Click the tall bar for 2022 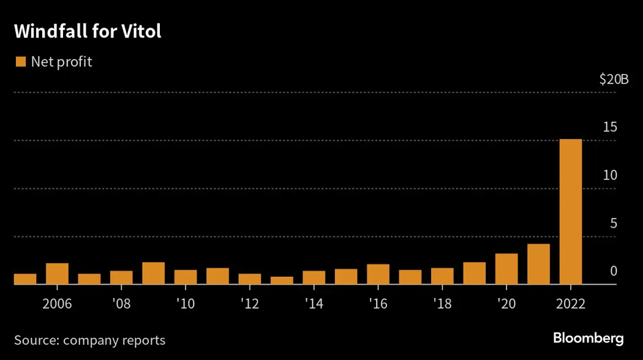pyautogui.click(x=571, y=211)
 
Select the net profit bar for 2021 pyautogui.click(x=538, y=264)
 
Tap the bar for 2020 pyautogui.click(x=506, y=269)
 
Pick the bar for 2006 pyautogui.click(x=57, y=274)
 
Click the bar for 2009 pyautogui.click(x=153, y=273)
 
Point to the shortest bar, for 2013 pyautogui.click(x=282, y=280)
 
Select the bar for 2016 pyautogui.click(x=378, y=274)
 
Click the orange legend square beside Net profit pyautogui.click(x=20, y=62)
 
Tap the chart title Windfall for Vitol pyautogui.click(x=88, y=32)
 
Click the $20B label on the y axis pyautogui.click(x=614, y=80)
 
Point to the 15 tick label pyautogui.click(x=609, y=127)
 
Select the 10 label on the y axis pyautogui.click(x=609, y=175)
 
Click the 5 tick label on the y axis pyautogui.click(x=613, y=223)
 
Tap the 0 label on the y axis pyautogui.click(x=613, y=271)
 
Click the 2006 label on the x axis pyautogui.click(x=57, y=304)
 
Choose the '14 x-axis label pyautogui.click(x=314, y=304)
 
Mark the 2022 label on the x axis pyautogui.click(x=571, y=304)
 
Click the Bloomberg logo pyautogui.click(x=588, y=338)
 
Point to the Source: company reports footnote pyautogui.click(x=89, y=340)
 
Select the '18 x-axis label pyautogui.click(x=442, y=304)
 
